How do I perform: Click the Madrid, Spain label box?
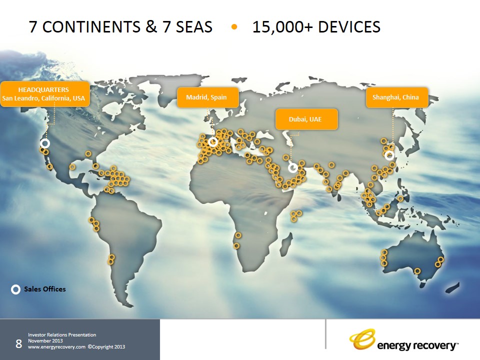click(208, 97)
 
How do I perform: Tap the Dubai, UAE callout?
click(306, 119)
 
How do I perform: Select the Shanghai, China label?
click(397, 97)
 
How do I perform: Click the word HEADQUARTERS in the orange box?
click(43, 89)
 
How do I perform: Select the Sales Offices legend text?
click(45, 289)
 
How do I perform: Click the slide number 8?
click(18, 344)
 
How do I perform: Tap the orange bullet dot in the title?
click(234, 27)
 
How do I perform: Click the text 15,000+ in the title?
click(282, 27)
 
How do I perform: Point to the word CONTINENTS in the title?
click(91, 27)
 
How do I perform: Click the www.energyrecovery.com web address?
click(56, 347)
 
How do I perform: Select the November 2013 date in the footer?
click(45, 340)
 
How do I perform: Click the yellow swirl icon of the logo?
click(362, 339)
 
